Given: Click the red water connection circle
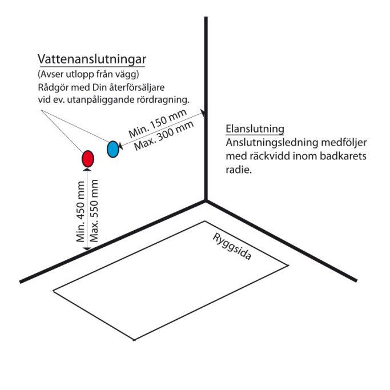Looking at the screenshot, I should [87, 159].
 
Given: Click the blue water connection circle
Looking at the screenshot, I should [113, 149].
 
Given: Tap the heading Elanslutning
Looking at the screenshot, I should [255, 129].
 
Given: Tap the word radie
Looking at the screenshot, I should [239, 170].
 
